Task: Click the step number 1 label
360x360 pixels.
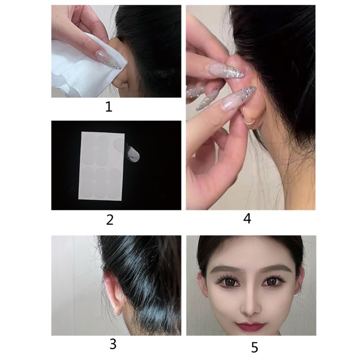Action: pos(109,107)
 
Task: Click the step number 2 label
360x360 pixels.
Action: pos(110,220)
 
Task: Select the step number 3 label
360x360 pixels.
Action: pos(113,344)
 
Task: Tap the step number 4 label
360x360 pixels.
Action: pos(247,219)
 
